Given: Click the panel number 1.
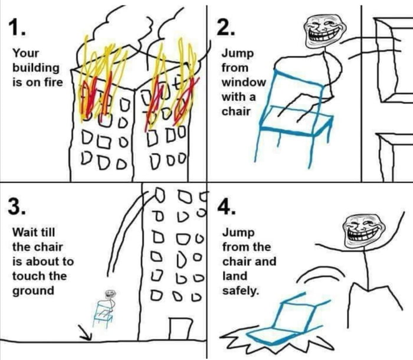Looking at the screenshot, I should coord(18,27).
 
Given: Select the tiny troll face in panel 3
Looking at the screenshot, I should coord(109,294).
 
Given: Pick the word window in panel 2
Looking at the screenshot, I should coord(244,82).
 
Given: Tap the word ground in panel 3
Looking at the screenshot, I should coord(33,290).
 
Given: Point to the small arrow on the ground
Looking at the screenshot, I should coord(86,335).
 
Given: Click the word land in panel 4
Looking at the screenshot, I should coord(234,276).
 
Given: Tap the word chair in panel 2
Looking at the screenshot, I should coord(235,111).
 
